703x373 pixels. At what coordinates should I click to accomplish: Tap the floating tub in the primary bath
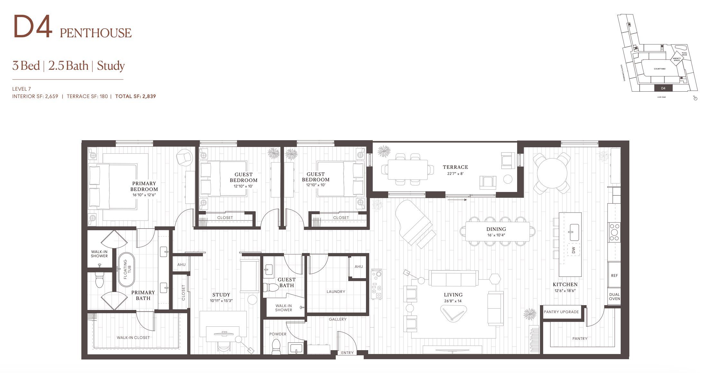click(126, 269)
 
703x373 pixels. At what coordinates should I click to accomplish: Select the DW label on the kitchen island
click(573, 250)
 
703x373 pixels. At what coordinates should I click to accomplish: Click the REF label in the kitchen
click(614, 276)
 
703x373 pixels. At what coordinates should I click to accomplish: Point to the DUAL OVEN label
click(614, 296)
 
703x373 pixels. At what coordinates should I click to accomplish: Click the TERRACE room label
click(455, 167)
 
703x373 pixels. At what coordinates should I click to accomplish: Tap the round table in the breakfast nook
click(552, 173)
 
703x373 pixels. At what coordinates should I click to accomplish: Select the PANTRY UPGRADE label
click(561, 312)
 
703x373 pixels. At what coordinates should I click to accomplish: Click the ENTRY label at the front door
click(347, 353)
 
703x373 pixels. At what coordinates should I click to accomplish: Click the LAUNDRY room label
click(336, 292)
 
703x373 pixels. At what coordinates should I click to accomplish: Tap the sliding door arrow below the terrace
click(457, 200)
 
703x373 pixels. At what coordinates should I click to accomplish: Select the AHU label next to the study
click(181, 265)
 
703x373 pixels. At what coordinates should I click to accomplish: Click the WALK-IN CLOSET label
click(133, 338)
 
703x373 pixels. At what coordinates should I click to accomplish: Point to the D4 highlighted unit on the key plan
click(663, 88)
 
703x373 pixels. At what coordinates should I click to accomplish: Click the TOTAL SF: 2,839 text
click(135, 96)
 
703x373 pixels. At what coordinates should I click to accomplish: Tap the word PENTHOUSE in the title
click(96, 33)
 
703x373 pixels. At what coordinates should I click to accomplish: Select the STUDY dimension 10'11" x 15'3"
click(221, 301)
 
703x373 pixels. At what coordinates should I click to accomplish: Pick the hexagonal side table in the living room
click(495, 278)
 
